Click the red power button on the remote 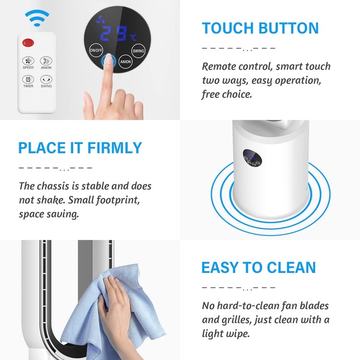[28, 43]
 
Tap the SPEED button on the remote [28, 61]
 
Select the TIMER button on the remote [28, 79]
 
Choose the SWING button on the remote [46, 79]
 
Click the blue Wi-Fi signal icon [37, 18]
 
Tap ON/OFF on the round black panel [96, 50]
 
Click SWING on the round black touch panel [139, 50]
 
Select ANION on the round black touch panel [125, 62]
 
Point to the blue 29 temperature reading [113, 34]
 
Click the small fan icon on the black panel [100, 20]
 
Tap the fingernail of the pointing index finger [108, 59]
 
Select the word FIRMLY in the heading [115, 148]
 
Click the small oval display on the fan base [253, 158]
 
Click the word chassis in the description [53, 186]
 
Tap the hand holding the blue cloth [115, 308]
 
